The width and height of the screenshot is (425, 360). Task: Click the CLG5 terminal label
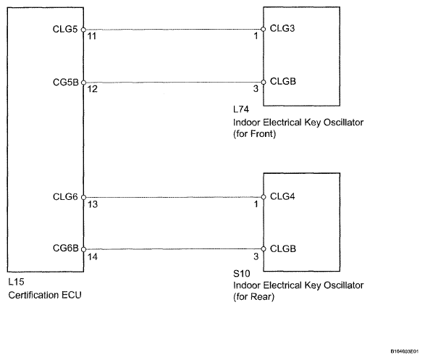65,29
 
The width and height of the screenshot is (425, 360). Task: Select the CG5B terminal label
66,82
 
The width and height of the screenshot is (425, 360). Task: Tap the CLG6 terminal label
65,197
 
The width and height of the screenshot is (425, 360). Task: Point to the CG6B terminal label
66,248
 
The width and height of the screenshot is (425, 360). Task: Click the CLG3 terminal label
282,28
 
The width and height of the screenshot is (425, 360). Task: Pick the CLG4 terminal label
282,196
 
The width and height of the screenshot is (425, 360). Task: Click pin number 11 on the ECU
92,36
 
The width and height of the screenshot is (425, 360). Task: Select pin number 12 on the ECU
92,89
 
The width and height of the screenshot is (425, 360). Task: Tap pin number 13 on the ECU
93,204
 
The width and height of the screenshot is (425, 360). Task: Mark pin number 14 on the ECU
93,256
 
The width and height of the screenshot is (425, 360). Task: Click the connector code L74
241,109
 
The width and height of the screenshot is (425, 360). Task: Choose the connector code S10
242,274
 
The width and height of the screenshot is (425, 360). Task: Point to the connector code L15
16,282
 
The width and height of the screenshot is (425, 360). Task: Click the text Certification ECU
45,295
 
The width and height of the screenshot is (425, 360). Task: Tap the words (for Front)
255,134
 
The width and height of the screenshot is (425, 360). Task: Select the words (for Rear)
253,297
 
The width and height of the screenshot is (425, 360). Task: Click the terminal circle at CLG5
83,30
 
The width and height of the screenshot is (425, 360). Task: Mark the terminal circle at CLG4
264,197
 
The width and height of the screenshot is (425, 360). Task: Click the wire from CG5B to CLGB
173,83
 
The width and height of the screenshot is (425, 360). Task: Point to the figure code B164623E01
405,351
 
